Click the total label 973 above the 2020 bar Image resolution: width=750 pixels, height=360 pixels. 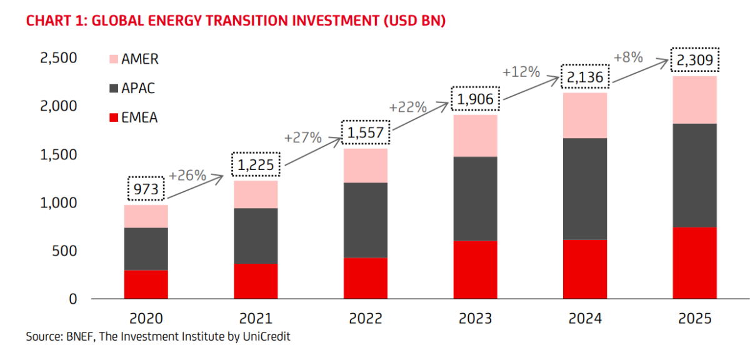click(x=146, y=189)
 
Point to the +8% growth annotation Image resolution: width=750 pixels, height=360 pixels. click(x=628, y=57)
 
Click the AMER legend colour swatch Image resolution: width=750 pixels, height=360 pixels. click(x=113, y=60)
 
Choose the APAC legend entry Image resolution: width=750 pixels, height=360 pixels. click(x=138, y=88)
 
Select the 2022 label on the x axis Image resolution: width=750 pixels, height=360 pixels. click(x=365, y=319)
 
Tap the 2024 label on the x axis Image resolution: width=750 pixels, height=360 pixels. click(x=585, y=319)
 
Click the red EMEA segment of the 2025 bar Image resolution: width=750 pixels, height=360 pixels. click(x=694, y=262)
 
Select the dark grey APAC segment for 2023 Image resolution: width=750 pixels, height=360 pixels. click(x=475, y=199)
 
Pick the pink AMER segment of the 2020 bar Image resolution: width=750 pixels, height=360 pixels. click(x=146, y=216)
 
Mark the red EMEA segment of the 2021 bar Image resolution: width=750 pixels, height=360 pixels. click(x=255, y=281)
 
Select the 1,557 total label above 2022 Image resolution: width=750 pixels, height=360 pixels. click(x=365, y=132)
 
